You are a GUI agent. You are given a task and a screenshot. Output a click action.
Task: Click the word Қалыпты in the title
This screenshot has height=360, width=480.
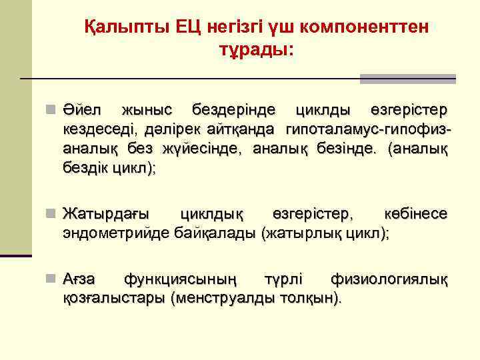(126, 27)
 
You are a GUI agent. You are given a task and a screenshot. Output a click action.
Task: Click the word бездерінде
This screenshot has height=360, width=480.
(230, 109)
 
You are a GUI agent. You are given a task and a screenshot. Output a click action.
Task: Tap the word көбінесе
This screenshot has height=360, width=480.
(416, 214)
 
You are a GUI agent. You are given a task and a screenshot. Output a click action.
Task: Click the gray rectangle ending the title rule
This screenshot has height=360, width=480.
(407, 79)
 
